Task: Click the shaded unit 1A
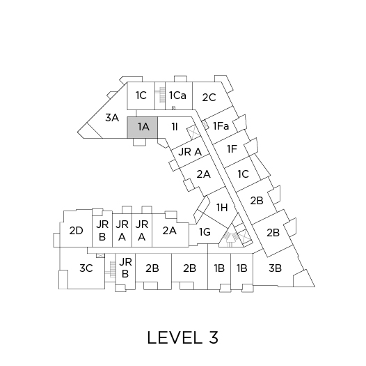[x=142, y=128]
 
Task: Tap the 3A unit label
[x=112, y=117]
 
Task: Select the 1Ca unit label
[x=177, y=96]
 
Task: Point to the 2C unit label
[x=209, y=98]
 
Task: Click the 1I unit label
[x=175, y=127]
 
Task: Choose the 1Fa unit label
[x=221, y=126]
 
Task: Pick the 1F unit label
[x=232, y=149]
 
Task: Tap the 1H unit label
[x=222, y=208]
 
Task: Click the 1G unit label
[x=205, y=232]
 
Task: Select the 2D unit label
[x=76, y=231]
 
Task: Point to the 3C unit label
[x=86, y=268]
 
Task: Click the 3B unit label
[x=275, y=268]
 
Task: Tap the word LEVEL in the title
[x=175, y=337]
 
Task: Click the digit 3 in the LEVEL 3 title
[x=214, y=337]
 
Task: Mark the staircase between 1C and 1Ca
[x=161, y=95]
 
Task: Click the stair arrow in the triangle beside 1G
[x=230, y=239]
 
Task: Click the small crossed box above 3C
[x=101, y=255]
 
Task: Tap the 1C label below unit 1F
[x=244, y=174]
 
